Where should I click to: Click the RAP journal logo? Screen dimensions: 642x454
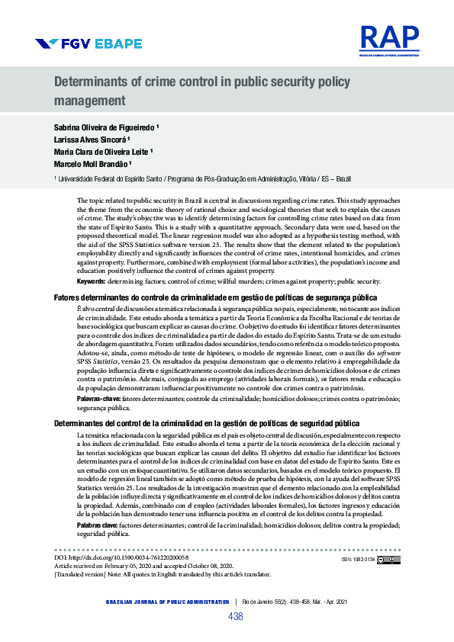(389, 38)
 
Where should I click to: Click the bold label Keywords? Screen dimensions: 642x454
(91, 281)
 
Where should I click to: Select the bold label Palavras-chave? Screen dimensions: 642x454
(99, 399)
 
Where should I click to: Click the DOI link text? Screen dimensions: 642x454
(122, 558)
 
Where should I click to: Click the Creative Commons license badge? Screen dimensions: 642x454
(389, 559)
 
